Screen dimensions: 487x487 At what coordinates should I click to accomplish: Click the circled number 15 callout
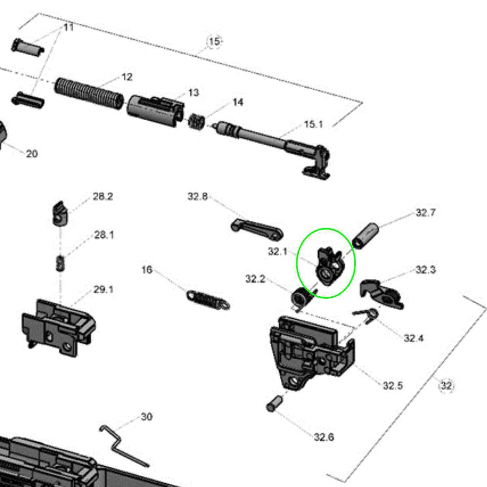coord(214,41)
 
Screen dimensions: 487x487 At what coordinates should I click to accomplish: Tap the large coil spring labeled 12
coord(89,94)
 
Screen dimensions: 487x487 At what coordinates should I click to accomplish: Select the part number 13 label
coord(194,93)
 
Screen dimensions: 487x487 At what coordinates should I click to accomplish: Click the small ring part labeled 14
coord(197,121)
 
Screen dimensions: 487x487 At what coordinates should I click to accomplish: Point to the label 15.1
coord(313,124)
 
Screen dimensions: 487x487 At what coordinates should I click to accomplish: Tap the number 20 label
coord(32,153)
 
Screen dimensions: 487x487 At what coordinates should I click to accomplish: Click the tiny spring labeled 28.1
coord(60,264)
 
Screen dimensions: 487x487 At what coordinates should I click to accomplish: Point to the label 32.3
coord(425,269)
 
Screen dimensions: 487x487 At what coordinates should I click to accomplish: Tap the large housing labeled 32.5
coord(310,351)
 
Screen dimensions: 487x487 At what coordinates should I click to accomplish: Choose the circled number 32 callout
coord(446,385)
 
